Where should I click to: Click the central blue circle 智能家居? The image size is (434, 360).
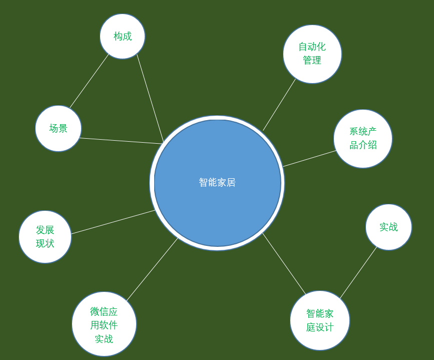(x=217, y=183)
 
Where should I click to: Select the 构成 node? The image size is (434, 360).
(x=122, y=36)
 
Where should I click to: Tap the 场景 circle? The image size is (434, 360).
(x=59, y=128)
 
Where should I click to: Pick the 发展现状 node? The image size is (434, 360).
(x=45, y=237)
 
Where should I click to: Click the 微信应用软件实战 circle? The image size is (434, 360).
(x=104, y=324)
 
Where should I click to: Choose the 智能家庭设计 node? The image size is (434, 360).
(x=320, y=320)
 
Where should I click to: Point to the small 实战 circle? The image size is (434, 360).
(x=388, y=227)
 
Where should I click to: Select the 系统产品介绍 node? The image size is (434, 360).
(x=363, y=139)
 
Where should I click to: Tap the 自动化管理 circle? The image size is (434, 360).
(x=312, y=54)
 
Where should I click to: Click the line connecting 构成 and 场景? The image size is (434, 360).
(x=89, y=81)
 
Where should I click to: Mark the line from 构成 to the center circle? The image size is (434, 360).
(x=150, y=98)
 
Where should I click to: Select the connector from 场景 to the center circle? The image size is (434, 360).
(x=121, y=141)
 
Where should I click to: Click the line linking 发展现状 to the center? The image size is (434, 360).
(x=114, y=222)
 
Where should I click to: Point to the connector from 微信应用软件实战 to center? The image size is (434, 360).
(x=152, y=269)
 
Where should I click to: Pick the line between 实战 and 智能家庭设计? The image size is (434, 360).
(x=358, y=272)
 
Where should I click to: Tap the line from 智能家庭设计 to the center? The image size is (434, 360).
(x=284, y=264)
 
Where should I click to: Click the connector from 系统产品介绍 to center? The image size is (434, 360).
(x=310, y=158)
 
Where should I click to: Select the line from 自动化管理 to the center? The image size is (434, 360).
(x=279, y=105)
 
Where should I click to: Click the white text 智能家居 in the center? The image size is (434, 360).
(x=217, y=182)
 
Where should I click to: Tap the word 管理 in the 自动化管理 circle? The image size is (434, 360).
(x=312, y=60)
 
